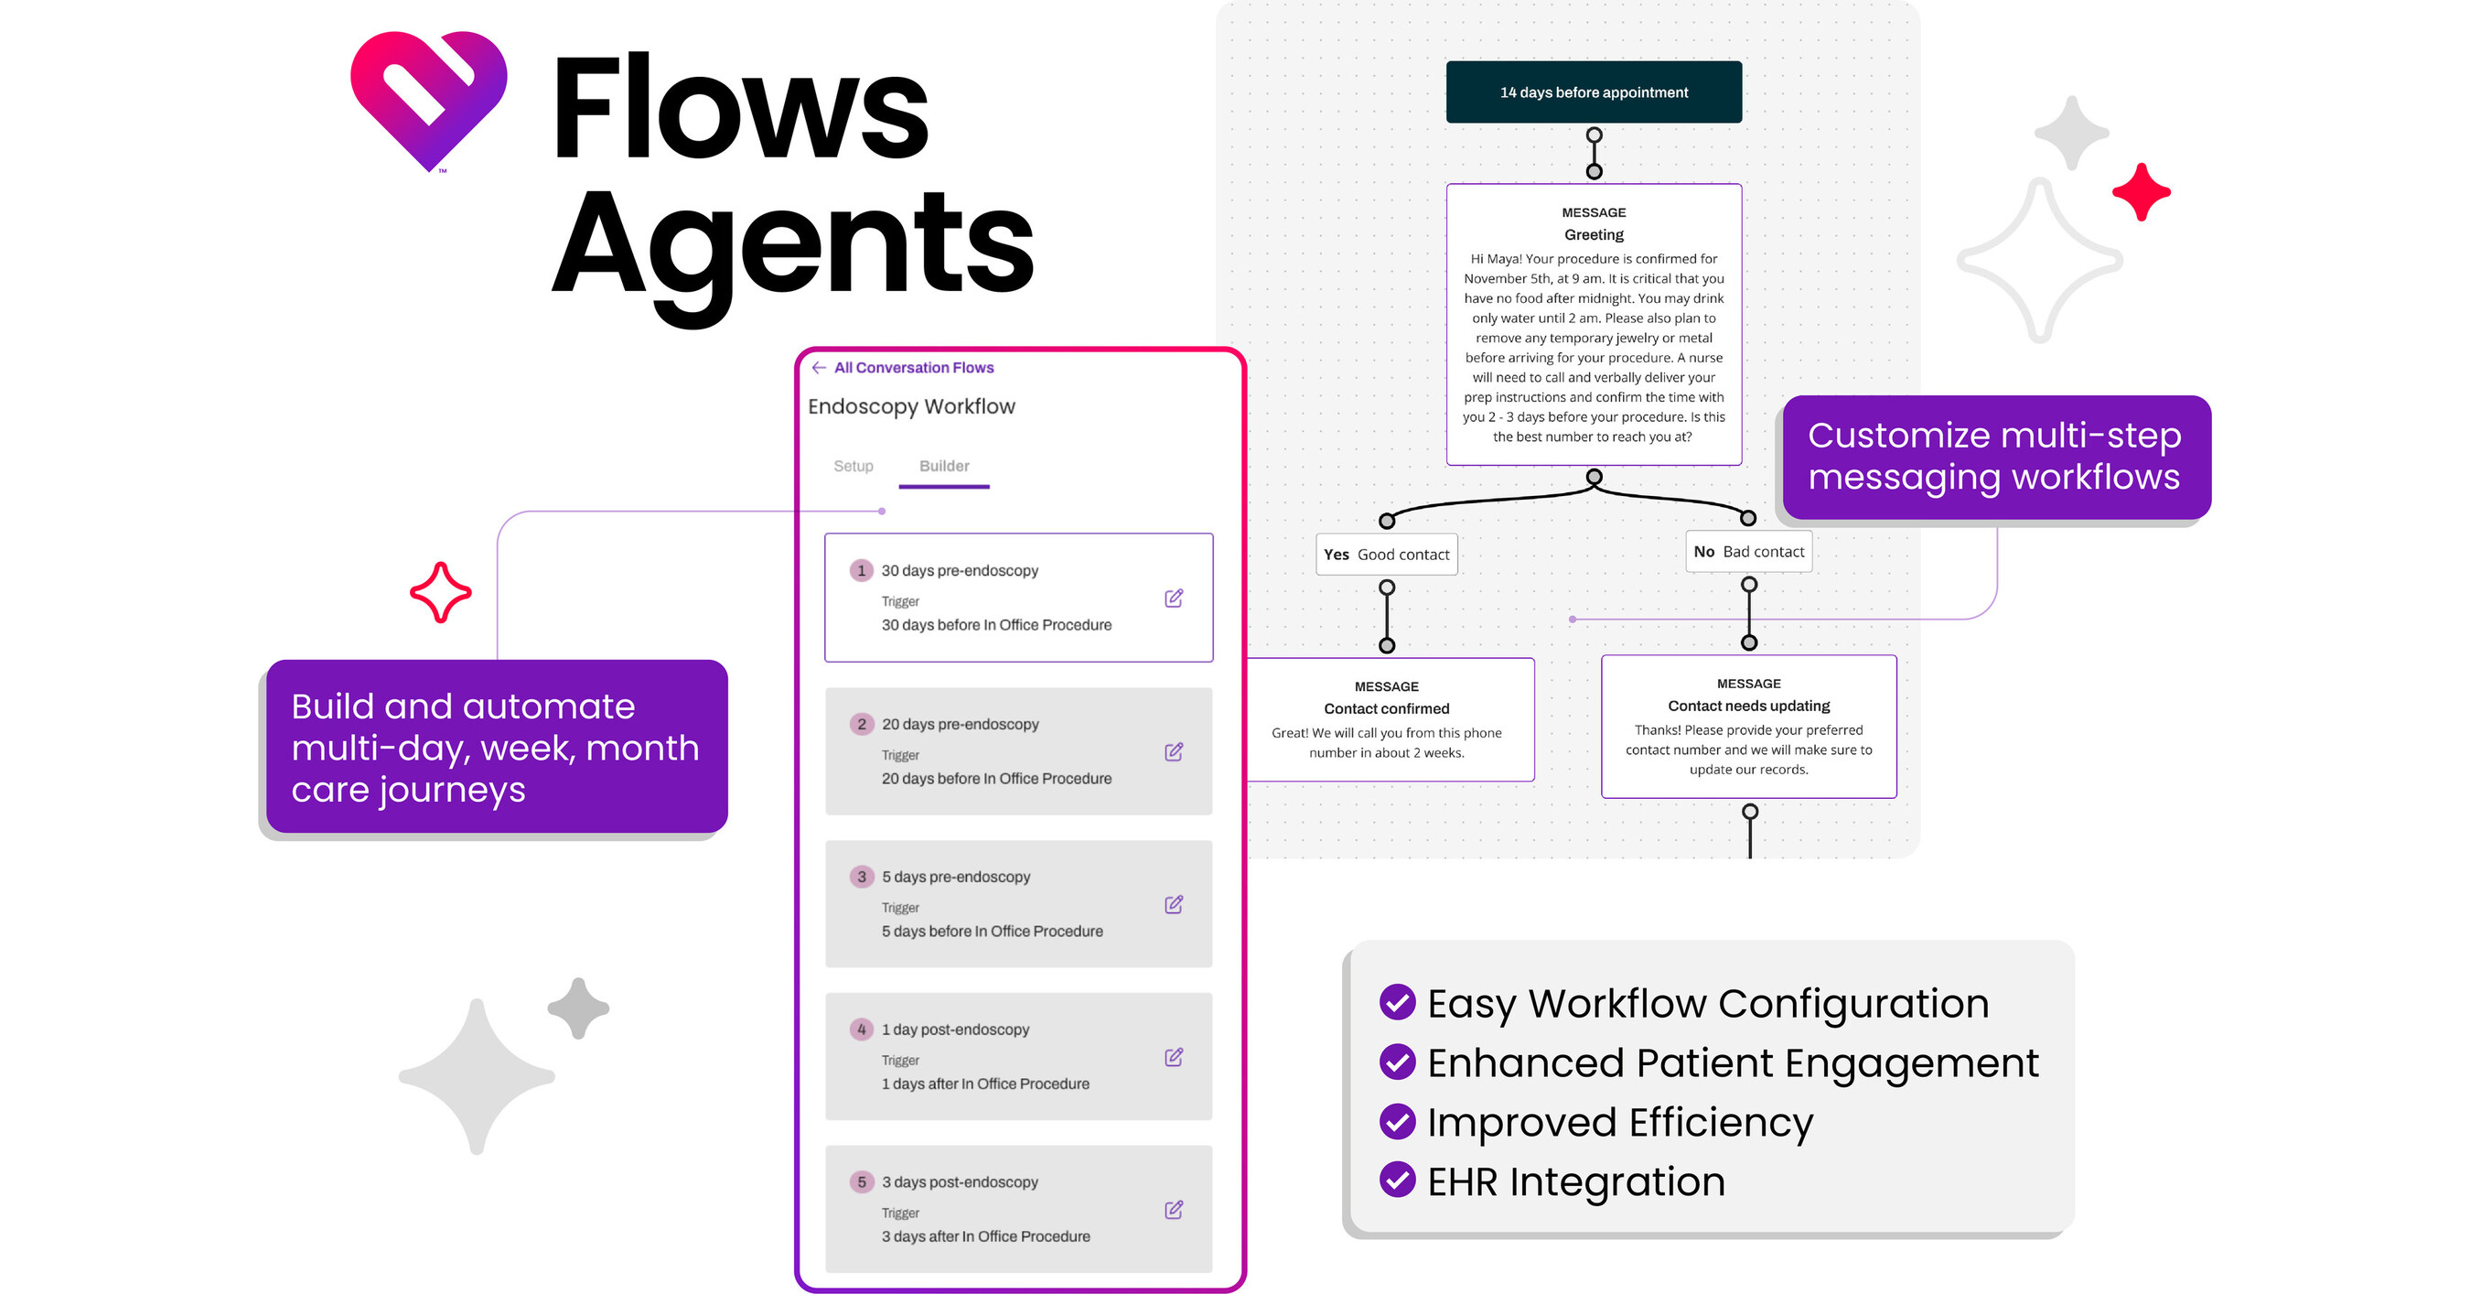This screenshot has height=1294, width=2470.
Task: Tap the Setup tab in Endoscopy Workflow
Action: tap(853, 466)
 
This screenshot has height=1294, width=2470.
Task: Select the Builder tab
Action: tap(943, 466)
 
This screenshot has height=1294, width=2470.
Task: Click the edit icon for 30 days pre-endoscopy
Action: tap(1174, 598)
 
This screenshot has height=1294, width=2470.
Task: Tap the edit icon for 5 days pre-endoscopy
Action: tap(1174, 904)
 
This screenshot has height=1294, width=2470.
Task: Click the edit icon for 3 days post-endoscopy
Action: tap(1174, 1210)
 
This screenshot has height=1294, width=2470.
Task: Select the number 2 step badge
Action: tap(861, 724)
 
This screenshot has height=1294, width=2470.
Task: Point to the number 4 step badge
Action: tap(861, 1030)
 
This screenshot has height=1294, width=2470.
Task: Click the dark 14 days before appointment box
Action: tap(1594, 92)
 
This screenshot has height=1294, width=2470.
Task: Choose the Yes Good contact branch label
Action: tap(1387, 555)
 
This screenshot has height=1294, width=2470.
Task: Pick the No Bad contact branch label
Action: tap(1749, 552)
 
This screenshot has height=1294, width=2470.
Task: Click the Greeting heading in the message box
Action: tap(1594, 235)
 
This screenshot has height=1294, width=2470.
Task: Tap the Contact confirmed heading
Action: tap(1387, 709)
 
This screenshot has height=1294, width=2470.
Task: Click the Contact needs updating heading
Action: tap(1749, 706)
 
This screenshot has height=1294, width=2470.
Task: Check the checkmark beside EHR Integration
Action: tap(1397, 1181)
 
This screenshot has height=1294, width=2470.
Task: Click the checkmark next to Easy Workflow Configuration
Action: tap(1397, 1002)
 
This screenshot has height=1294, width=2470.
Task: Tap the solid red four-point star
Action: tap(2141, 192)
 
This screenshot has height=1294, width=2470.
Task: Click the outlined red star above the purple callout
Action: tap(440, 593)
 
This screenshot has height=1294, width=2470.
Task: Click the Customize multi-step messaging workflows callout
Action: tap(1994, 457)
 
